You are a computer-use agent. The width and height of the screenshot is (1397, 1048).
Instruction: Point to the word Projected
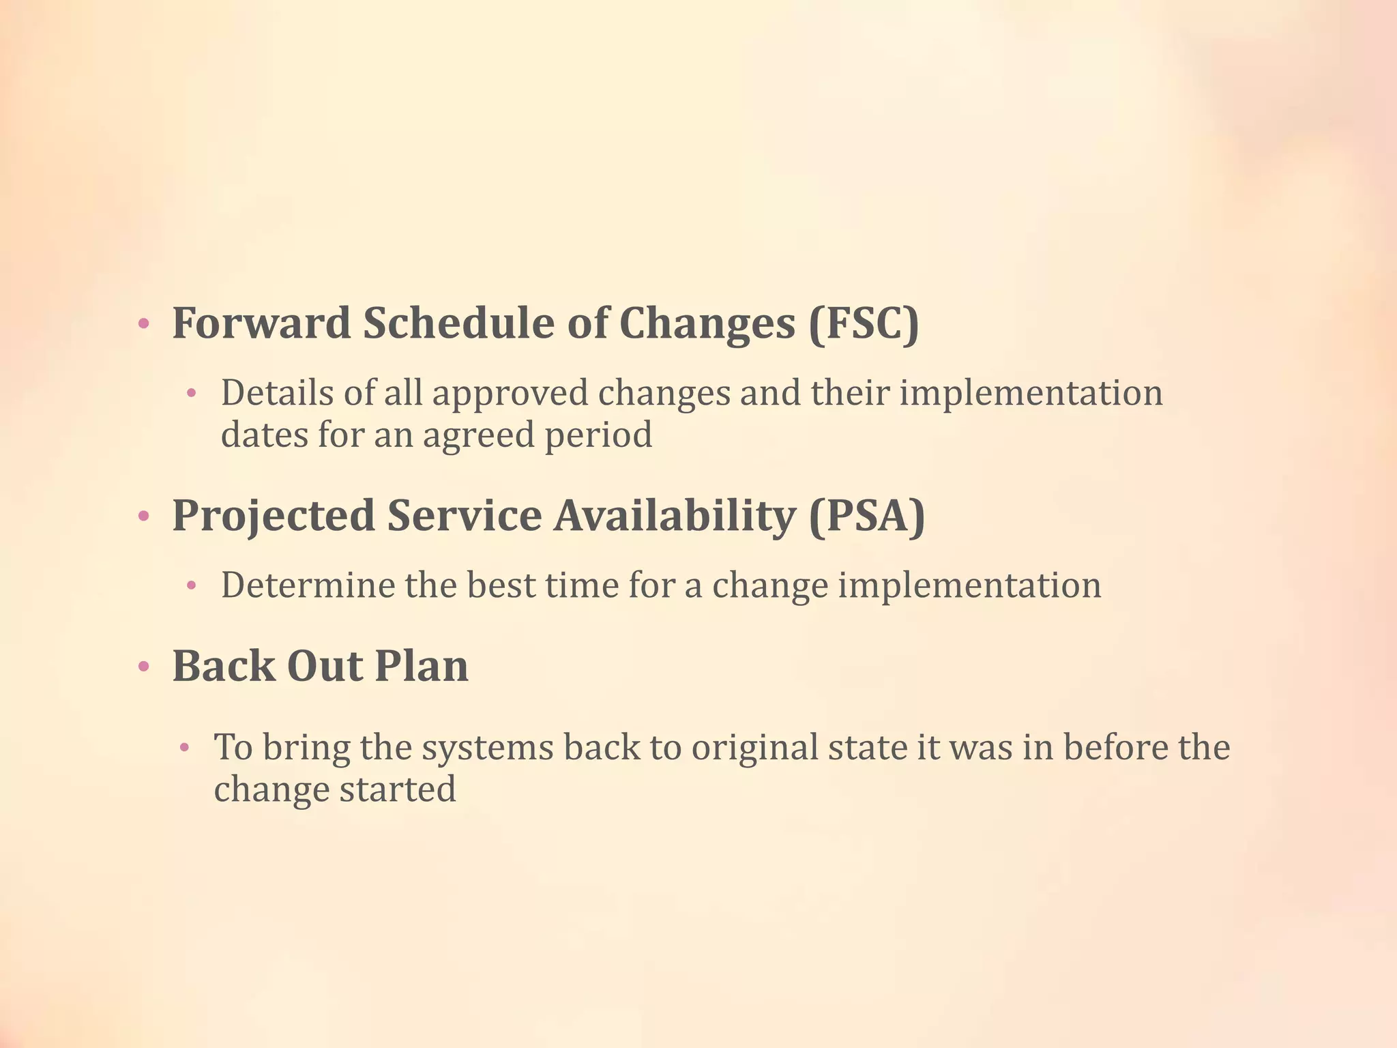(x=274, y=516)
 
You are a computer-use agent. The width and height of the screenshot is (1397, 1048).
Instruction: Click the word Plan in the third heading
(x=421, y=666)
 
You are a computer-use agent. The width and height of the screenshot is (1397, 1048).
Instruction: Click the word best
(x=501, y=585)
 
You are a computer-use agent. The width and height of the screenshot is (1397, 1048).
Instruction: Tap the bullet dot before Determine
(x=192, y=585)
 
